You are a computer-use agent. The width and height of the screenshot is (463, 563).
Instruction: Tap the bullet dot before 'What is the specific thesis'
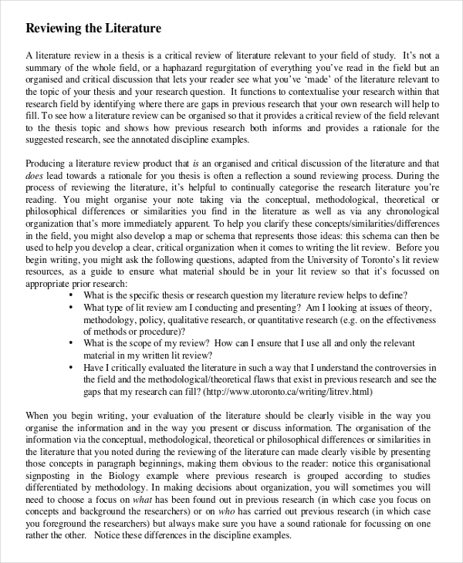pos(72,295)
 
